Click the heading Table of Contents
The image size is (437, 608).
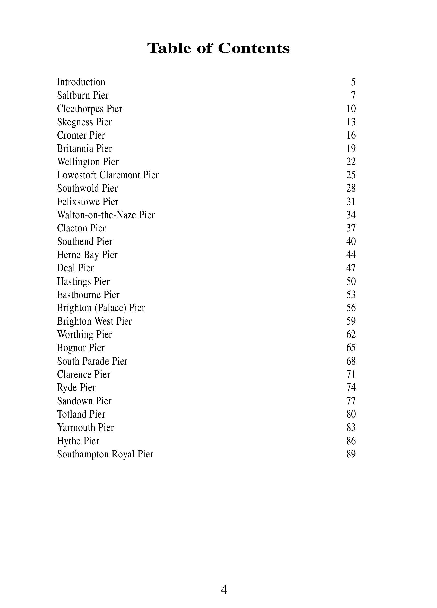218,49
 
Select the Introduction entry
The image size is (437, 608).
81,82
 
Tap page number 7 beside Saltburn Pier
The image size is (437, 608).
353,95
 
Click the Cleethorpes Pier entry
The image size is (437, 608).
89,109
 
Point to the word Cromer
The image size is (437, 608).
71,135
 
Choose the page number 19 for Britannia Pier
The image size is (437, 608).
351,148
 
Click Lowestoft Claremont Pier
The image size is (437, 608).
108,175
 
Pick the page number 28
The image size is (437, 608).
351,188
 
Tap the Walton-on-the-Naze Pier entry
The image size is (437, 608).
106,215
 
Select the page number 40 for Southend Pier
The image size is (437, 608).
351,241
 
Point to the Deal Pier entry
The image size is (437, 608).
75,268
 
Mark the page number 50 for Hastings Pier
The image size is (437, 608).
351,282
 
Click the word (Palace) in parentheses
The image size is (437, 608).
110,308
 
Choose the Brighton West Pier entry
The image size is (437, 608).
94,321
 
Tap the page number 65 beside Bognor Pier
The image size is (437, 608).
351,348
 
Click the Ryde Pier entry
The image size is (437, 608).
76,388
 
